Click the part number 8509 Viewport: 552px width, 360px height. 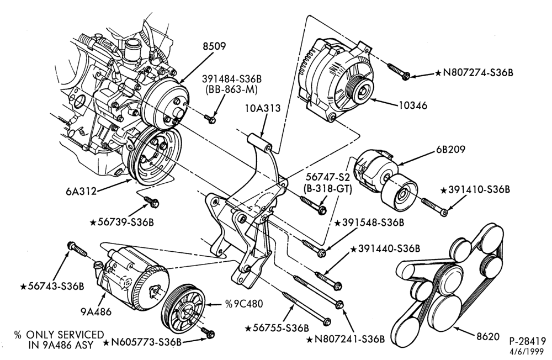(214, 46)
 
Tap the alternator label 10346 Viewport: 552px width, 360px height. (413, 105)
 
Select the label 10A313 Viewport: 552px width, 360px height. (263, 108)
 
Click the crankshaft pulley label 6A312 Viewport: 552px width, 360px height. (81, 191)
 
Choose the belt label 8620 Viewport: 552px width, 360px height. (488, 336)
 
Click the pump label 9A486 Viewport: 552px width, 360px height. (96, 311)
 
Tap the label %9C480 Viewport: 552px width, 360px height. (243, 304)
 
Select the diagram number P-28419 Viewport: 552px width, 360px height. (527, 341)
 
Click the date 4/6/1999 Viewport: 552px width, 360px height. (527, 351)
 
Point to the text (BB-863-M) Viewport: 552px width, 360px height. (231, 90)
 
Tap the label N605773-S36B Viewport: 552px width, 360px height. (146, 342)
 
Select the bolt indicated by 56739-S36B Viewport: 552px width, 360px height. (152, 202)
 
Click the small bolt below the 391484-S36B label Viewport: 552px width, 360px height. (210, 119)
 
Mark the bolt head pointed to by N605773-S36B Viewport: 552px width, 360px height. (210, 333)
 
